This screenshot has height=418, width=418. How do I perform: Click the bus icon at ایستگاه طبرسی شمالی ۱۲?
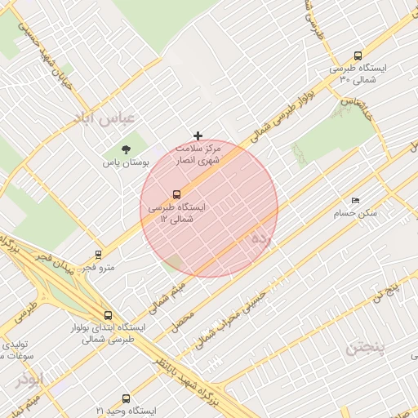(x=176, y=194)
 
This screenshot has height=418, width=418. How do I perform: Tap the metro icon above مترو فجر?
(x=99, y=255)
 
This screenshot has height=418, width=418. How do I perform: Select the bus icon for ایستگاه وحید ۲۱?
(x=126, y=398)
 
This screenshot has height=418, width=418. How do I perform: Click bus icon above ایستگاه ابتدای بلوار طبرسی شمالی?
(x=108, y=315)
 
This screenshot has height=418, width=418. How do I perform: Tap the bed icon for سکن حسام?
(x=354, y=200)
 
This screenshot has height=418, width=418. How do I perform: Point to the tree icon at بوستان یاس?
(x=126, y=149)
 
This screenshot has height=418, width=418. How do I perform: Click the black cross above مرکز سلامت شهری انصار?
(x=198, y=136)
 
